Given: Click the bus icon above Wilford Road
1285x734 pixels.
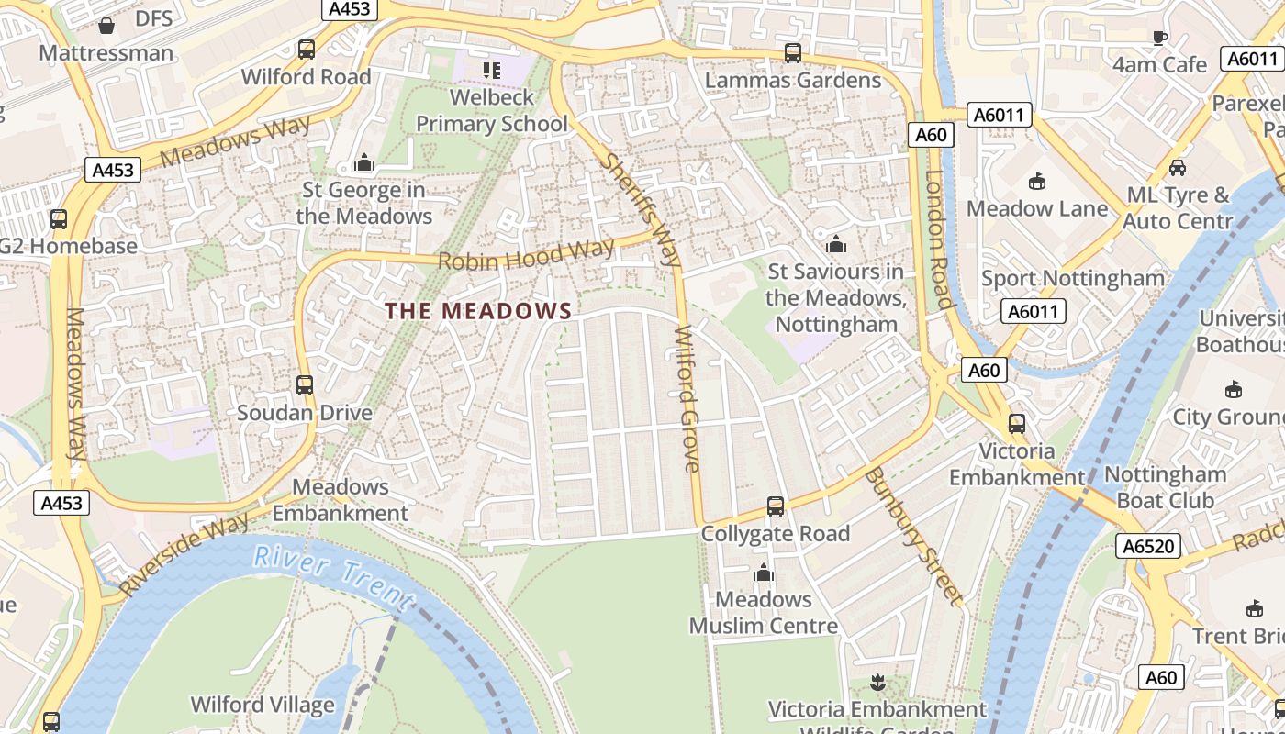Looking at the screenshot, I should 307,50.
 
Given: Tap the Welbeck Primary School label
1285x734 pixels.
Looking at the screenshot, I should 492,109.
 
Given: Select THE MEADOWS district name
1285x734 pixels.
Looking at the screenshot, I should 478,311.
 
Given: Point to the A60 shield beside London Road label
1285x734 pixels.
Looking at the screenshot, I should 931,135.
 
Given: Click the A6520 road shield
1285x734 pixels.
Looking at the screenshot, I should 1147,547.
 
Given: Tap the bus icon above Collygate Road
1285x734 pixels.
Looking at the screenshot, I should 776,506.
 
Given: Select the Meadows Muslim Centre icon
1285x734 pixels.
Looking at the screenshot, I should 763,573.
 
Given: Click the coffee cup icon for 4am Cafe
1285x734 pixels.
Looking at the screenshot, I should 1160,38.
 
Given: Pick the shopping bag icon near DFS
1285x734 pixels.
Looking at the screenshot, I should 106,25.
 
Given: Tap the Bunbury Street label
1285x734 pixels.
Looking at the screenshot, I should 914,536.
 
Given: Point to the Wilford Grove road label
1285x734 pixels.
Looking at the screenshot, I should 688,398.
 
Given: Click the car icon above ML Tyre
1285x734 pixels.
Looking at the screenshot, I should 1177,168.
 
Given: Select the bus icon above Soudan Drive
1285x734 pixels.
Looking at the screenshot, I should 305,385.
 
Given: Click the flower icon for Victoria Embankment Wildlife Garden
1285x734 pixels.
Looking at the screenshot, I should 877,682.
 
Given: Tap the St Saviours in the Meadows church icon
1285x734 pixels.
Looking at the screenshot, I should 835,244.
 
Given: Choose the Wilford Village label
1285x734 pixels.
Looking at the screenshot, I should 263,705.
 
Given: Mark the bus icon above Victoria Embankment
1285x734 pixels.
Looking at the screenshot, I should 1017,424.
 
